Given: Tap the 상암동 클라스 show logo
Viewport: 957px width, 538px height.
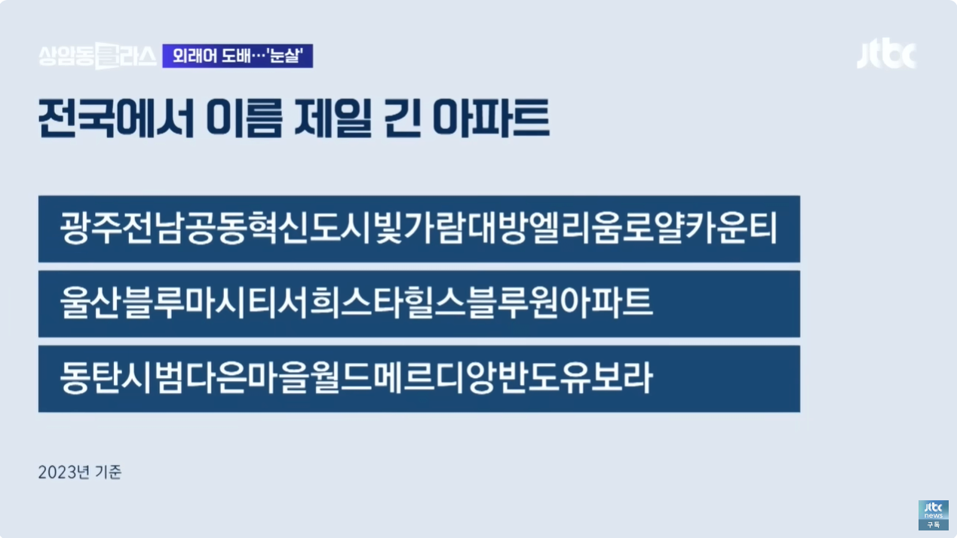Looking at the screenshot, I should click(97, 56).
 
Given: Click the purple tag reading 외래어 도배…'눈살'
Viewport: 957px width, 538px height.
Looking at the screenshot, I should click(238, 56).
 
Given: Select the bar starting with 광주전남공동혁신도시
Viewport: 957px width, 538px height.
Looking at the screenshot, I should click(419, 229).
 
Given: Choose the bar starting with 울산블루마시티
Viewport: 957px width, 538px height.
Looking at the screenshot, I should click(419, 303).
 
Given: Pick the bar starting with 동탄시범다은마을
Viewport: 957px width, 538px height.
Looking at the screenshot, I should click(419, 378).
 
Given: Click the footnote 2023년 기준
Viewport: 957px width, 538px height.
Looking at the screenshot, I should click(80, 473).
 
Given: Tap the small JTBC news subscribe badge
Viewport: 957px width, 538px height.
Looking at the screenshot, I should click(933, 515).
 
